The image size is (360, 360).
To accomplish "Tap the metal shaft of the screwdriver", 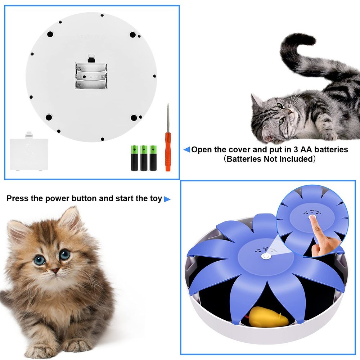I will tap(167, 121).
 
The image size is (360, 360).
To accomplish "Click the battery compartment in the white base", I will tap(91, 76).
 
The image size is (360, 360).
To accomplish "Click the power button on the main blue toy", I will tap(266, 256).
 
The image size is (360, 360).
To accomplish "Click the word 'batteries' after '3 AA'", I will tap(330, 149).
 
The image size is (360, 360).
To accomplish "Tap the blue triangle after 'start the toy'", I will tap(167, 199).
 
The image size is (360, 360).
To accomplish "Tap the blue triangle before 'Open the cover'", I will tap(186, 149).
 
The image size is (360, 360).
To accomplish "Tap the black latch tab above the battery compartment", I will tap(91, 58).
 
